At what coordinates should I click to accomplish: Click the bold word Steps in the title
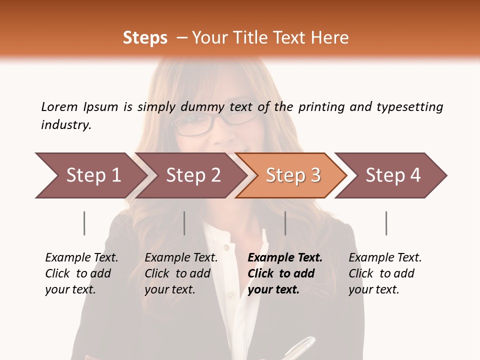coord(145,37)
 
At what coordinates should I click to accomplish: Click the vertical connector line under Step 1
coord(84,223)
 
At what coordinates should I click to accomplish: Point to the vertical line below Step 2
coord(184,223)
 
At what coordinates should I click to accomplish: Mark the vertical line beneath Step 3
coord(285,223)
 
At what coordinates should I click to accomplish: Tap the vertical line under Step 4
coord(386,223)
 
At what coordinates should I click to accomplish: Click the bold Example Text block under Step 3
coord(284,273)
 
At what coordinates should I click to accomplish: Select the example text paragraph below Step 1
coord(81,273)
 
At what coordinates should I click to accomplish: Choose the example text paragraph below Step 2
coord(181,273)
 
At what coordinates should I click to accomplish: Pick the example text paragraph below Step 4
coord(385,273)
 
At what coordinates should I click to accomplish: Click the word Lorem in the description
coord(59,106)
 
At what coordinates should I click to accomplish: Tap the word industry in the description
coord(66,125)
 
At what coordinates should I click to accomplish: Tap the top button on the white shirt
coord(226,247)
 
